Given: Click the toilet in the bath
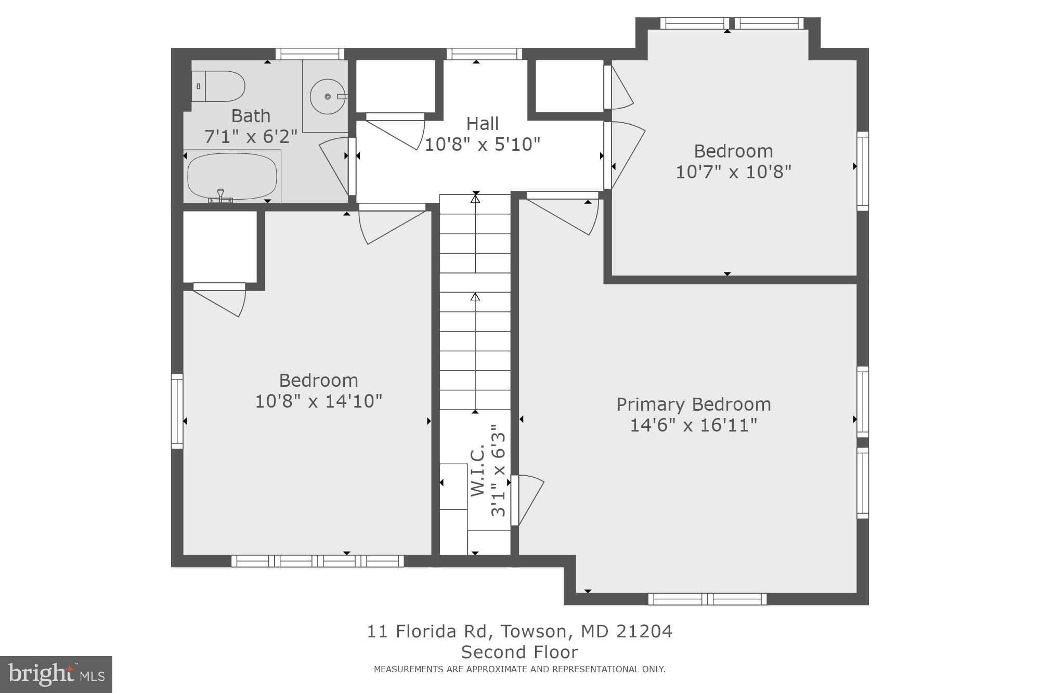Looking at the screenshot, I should (x=218, y=86).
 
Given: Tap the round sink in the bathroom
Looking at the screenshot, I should (x=327, y=97).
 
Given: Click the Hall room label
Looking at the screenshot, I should (x=482, y=124).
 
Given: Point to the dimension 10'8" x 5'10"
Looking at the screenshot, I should (x=482, y=144).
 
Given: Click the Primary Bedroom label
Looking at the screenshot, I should (x=693, y=404).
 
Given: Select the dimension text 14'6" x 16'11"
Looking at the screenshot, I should (x=693, y=425).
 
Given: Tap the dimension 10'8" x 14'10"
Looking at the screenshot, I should (x=318, y=401).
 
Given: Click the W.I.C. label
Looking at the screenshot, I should (x=478, y=470).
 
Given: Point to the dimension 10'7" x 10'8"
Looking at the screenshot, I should (x=733, y=172).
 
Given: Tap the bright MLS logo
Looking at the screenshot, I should (x=56, y=674).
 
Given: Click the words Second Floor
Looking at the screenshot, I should (x=519, y=652).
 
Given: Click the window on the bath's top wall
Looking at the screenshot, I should (x=310, y=54).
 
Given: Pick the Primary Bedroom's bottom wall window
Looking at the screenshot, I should (x=707, y=599).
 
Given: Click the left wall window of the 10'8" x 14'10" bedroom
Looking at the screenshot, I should (x=177, y=411).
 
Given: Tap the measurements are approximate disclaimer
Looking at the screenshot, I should (x=519, y=670).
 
